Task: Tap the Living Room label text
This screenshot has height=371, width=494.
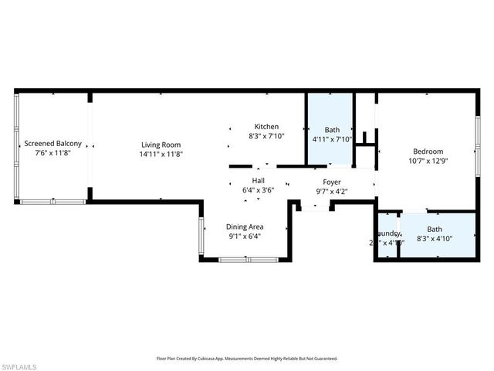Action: (x=161, y=144)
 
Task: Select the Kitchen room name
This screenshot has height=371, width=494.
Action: (x=267, y=127)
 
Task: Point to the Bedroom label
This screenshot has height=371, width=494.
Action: (x=428, y=151)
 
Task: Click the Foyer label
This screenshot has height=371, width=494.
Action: (x=332, y=182)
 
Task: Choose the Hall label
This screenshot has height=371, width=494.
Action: (x=248, y=179)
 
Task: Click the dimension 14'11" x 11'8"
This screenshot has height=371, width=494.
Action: (x=161, y=154)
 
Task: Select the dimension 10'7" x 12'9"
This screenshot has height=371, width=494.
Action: (x=428, y=161)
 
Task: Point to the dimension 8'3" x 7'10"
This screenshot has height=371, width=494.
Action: (x=267, y=136)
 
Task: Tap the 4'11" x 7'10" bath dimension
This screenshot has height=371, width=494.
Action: (x=332, y=140)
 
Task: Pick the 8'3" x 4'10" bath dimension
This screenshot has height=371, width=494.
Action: (x=435, y=240)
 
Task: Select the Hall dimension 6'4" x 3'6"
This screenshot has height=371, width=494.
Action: (x=248, y=189)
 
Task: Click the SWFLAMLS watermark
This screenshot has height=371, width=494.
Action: (x=18, y=364)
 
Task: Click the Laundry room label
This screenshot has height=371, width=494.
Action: (x=387, y=233)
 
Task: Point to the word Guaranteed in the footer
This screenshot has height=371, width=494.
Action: (x=322, y=359)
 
